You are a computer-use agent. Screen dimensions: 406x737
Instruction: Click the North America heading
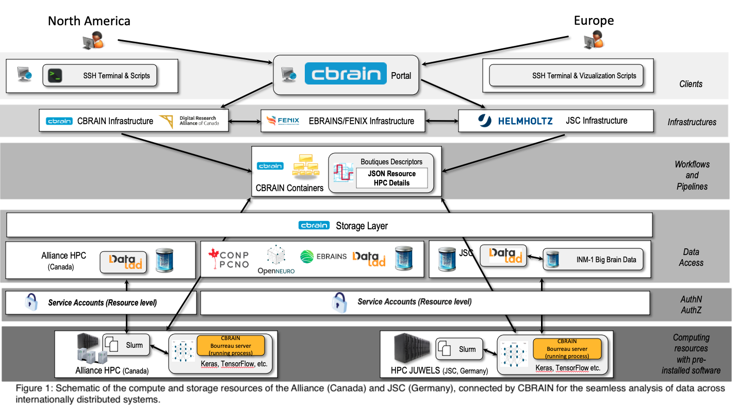(89, 21)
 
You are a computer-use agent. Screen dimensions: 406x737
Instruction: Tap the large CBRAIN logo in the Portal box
(345, 73)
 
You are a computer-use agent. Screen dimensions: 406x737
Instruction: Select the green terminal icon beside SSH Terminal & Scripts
(55, 76)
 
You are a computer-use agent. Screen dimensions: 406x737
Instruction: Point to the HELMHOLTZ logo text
(525, 121)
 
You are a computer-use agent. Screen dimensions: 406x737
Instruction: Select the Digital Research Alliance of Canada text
(199, 121)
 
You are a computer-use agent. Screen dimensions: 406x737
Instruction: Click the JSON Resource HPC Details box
(391, 178)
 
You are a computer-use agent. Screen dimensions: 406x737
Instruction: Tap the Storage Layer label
(362, 226)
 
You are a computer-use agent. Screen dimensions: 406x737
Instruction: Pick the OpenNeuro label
(276, 270)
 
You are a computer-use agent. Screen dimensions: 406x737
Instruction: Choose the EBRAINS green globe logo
(307, 256)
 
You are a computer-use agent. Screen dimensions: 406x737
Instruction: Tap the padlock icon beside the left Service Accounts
(31, 302)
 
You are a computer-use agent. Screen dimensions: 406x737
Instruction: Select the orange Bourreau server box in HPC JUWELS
(567, 349)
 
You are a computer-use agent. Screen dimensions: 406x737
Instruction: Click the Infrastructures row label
(692, 122)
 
